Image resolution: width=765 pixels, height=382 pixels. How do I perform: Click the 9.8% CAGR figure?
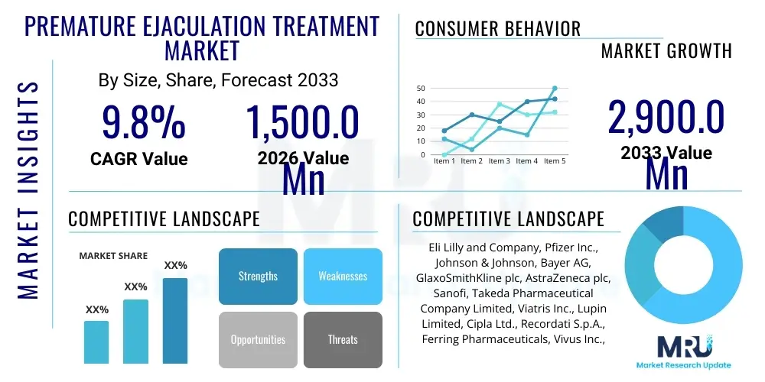(143, 122)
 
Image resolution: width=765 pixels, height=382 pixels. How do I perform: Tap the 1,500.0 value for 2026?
(302, 122)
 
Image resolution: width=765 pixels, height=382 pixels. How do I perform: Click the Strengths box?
(258, 276)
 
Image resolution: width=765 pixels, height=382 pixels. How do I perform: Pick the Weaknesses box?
(343, 276)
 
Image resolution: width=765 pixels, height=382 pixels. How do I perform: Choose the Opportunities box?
(258, 339)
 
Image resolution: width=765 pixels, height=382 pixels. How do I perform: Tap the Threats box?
(343, 339)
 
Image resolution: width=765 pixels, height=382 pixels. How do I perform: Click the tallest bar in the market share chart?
(175, 320)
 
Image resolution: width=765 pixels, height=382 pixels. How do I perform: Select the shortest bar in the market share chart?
(96, 342)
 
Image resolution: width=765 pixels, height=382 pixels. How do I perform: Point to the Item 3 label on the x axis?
(499, 161)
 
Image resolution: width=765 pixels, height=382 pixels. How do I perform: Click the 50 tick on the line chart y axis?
(421, 89)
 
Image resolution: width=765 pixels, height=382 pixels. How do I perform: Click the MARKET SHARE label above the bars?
(113, 256)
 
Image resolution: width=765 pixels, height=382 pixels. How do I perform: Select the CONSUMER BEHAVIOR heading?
(497, 29)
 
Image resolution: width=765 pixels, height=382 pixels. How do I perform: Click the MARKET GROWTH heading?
(666, 51)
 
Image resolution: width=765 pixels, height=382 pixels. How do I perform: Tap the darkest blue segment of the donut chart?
(660, 223)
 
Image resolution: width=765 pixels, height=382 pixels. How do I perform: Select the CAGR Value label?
(138, 159)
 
